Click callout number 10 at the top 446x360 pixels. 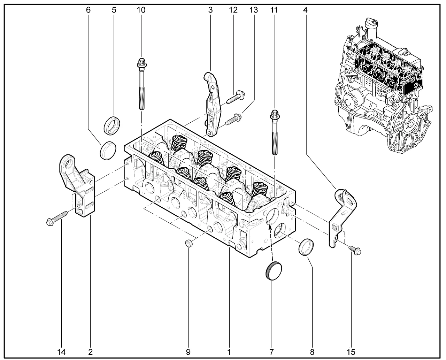point(141,10)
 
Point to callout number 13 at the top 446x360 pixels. point(254,10)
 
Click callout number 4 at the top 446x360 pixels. point(305,10)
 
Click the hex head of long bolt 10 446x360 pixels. point(141,63)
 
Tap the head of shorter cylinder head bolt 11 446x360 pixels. point(274,114)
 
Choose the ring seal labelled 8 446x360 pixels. point(306,247)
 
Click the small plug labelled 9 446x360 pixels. point(189,243)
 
